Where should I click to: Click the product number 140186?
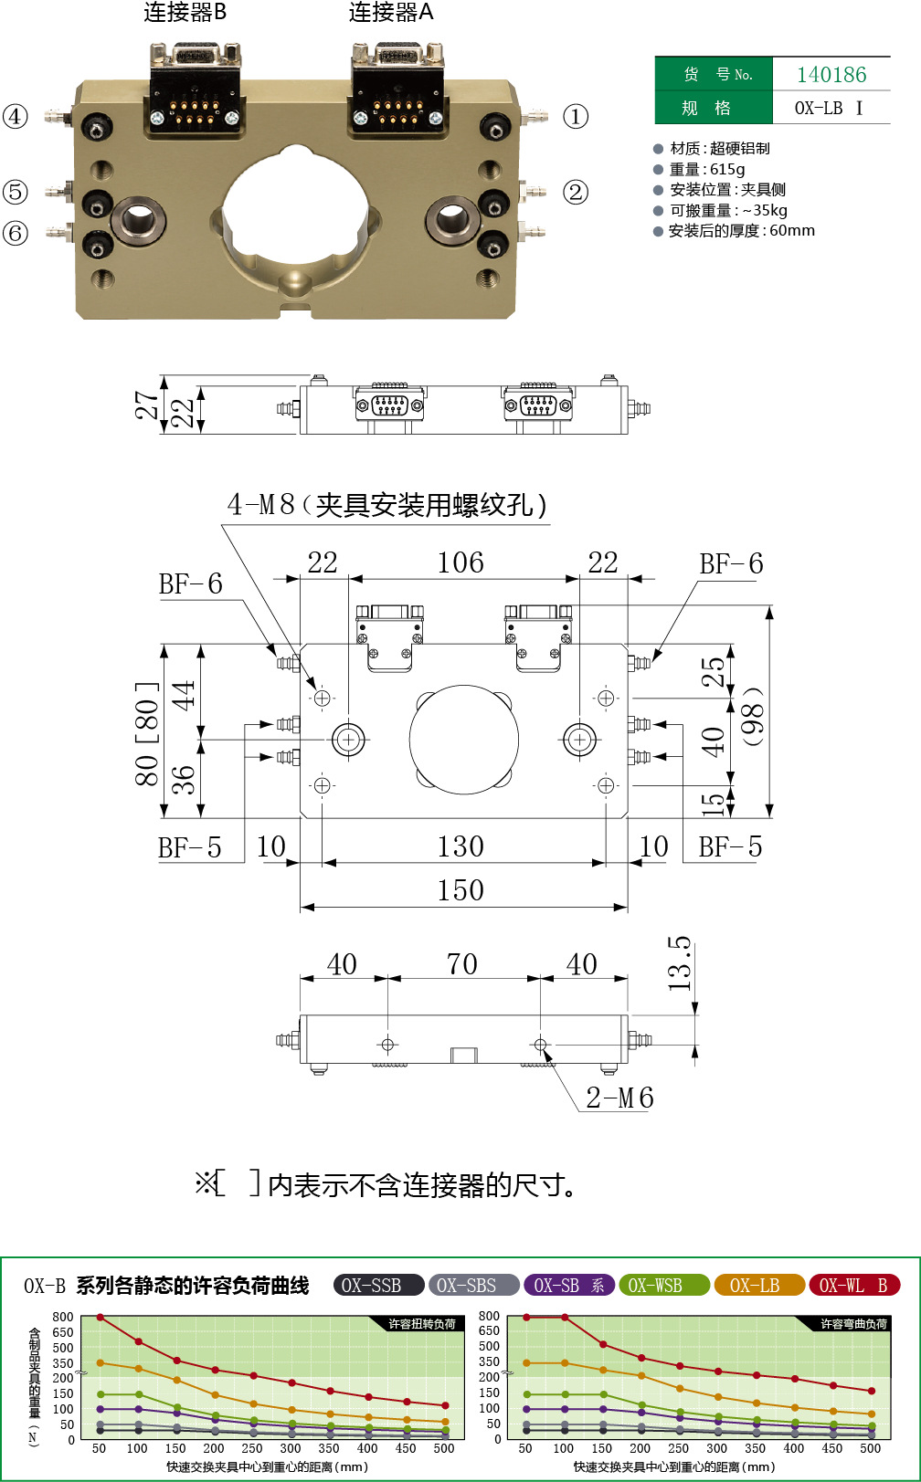pyautogui.click(x=831, y=75)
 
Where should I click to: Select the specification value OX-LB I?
pyautogui.click(x=828, y=108)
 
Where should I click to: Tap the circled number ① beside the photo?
pyautogui.click(x=576, y=117)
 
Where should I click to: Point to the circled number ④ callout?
pyautogui.click(x=16, y=117)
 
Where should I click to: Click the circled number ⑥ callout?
pyautogui.click(x=16, y=234)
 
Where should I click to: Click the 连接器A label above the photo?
pyautogui.click(x=391, y=13)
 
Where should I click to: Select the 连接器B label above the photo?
pyautogui.click(x=185, y=13)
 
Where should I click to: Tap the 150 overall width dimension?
pyautogui.click(x=460, y=890)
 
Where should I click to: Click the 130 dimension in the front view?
pyautogui.click(x=460, y=846)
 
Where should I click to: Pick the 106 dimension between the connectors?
pyautogui.click(x=460, y=562)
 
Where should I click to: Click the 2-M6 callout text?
pyautogui.click(x=619, y=1098)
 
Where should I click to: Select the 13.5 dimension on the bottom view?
pyautogui.click(x=680, y=964)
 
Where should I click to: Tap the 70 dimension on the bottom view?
pyautogui.click(x=462, y=964)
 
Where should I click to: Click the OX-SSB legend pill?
pyautogui.click(x=378, y=1286)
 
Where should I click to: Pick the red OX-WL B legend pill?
pyautogui.click(x=854, y=1286)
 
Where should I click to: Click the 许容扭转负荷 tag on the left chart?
pyautogui.click(x=421, y=1324)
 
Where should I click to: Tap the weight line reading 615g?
pyautogui.click(x=707, y=169)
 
